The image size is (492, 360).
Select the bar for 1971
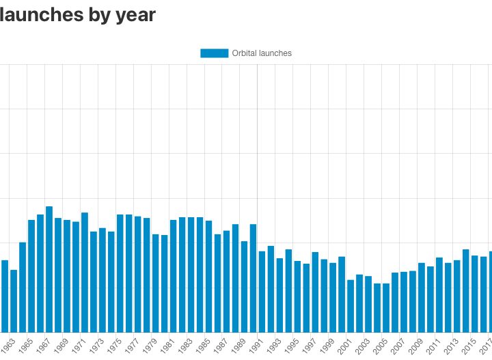click(85, 273)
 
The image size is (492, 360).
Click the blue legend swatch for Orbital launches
click(214, 53)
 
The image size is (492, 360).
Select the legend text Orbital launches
click(262, 53)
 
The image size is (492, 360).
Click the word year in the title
click(135, 14)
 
